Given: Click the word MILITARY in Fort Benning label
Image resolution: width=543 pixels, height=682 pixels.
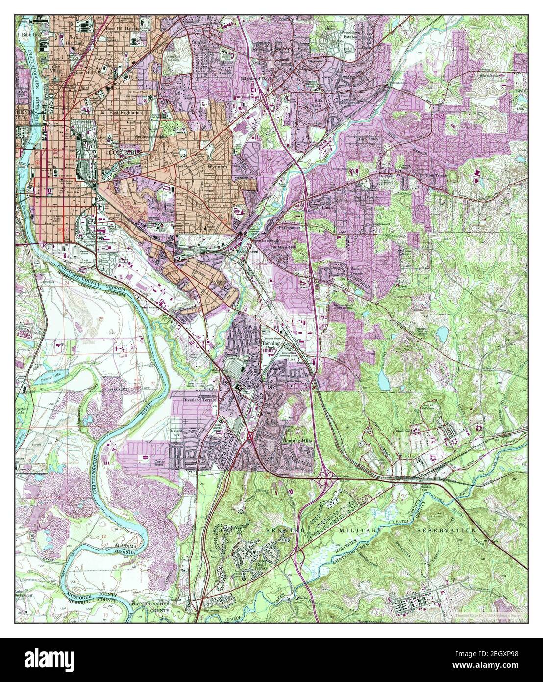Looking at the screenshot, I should [363, 531].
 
